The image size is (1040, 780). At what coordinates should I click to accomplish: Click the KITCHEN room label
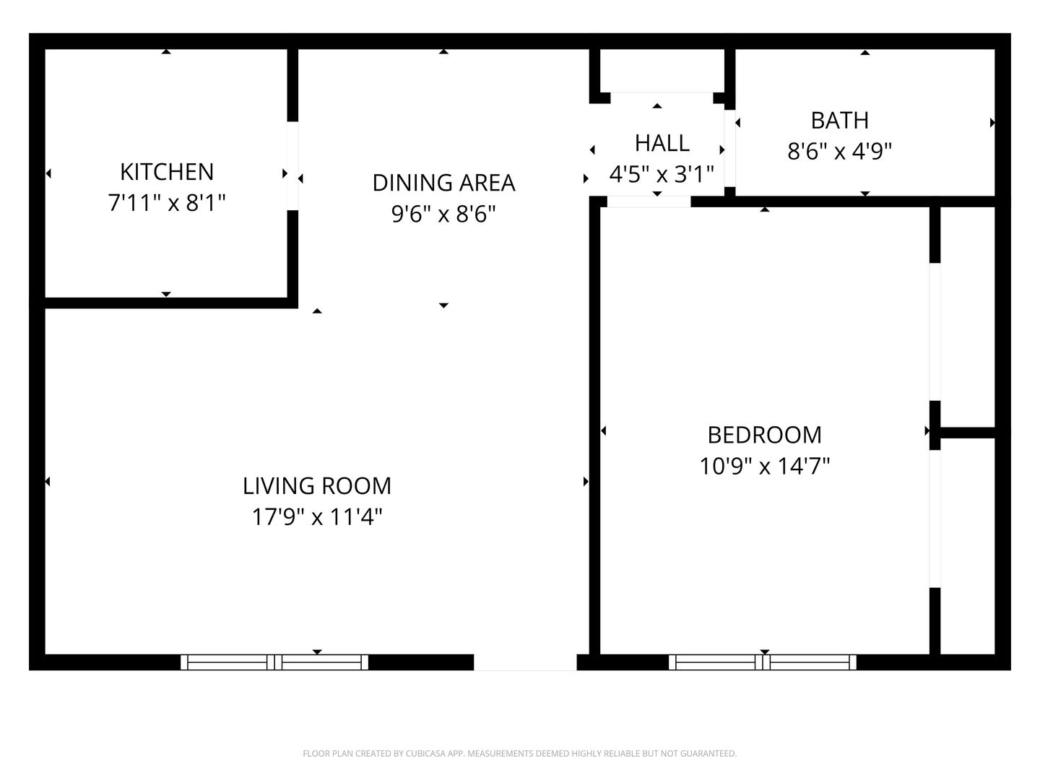pyautogui.click(x=167, y=172)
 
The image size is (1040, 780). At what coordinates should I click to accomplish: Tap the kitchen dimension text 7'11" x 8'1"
pyautogui.click(x=167, y=203)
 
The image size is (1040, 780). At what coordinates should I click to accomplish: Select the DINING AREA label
pyautogui.click(x=443, y=183)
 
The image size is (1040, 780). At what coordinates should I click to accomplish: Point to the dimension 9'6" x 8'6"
pyautogui.click(x=443, y=214)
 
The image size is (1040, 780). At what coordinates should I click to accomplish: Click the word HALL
pyautogui.click(x=662, y=144)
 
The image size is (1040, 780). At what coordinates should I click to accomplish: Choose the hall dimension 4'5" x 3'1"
pyautogui.click(x=662, y=174)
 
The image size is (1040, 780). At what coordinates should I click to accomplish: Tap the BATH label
pyautogui.click(x=839, y=121)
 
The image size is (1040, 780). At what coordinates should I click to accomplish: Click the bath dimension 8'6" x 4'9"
pyautogui.click(x=839, y=152)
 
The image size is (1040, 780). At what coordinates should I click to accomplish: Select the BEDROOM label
pyautogui.click(x=765, y=435)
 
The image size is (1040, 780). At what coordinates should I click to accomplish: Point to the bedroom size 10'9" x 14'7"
pyautogui.click(x=765, y=466)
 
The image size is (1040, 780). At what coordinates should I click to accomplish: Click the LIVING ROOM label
pyautogui.click(x=317, y=486)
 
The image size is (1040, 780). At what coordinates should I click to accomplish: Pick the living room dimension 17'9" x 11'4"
pyautogui.click(x=317, y=516)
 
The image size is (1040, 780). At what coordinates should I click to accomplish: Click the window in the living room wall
pyautogui.click(x=274, y=662)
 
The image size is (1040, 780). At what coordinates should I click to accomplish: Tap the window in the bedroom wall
pyautogui.click(x=763, y=662)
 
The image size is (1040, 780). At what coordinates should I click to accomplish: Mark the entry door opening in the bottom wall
pyautogui.click(x=525, y=662)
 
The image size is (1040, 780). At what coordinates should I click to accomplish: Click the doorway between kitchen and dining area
pyautogui.click(x=292, y=166)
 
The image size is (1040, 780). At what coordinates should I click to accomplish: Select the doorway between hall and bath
pyautogui.click(x=729, y=148)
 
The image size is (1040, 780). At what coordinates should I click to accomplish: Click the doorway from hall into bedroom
pyautogui.click(x=649, y=201)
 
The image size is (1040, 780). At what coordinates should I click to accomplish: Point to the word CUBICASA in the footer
pyautogui.click(x=425, y=753)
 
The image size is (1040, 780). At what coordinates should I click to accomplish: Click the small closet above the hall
pyautogui.click(x=662, y=71)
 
